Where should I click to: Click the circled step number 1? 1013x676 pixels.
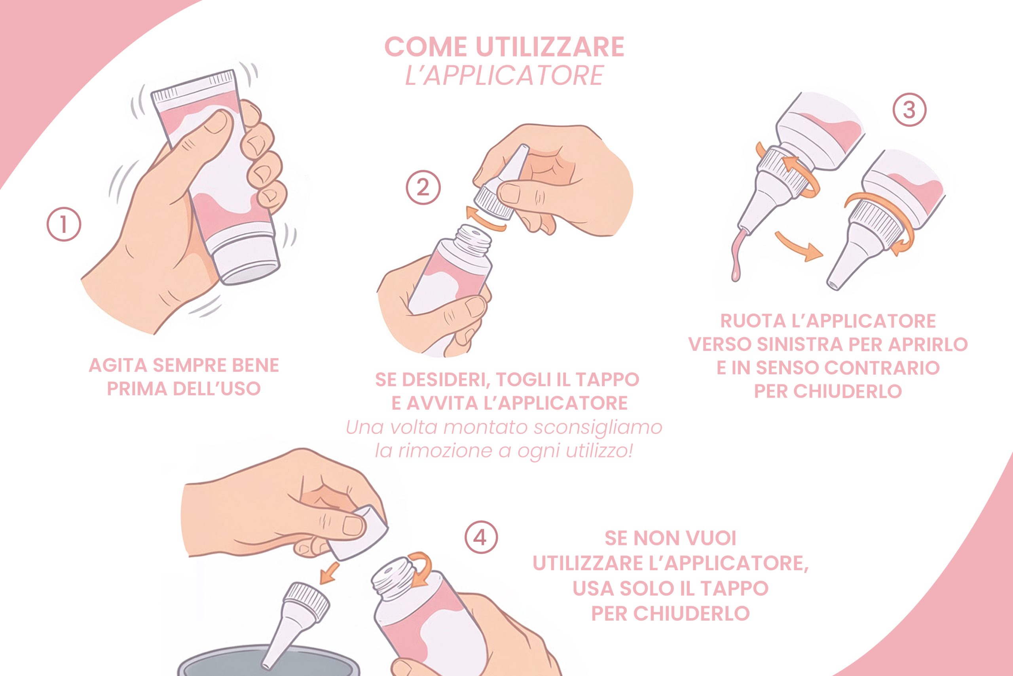pyautogui.click(x=64, y=225)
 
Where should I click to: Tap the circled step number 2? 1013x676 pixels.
pyautogui.click(x=423, y=188)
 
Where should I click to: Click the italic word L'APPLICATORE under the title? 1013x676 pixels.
pyautogui.click(x=504, y=76)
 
